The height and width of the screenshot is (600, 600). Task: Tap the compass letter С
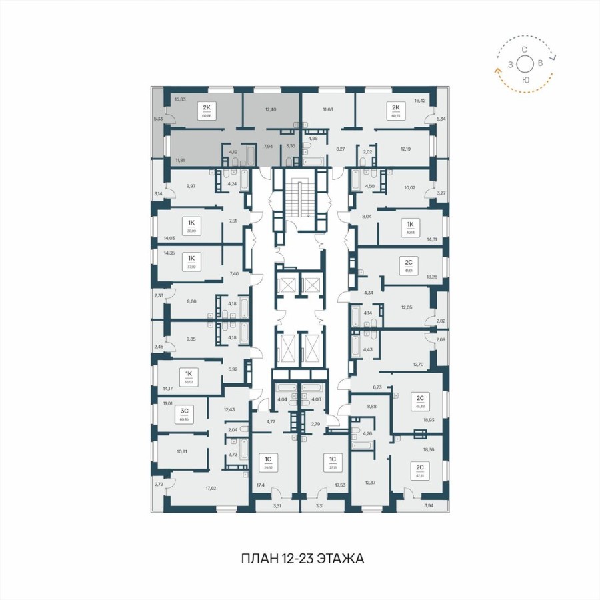(x=525, y=49)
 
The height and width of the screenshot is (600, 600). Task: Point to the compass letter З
(x=510, y=65)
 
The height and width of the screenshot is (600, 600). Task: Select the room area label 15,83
(x=179, y=99)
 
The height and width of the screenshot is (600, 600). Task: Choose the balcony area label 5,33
(x=157, y=119)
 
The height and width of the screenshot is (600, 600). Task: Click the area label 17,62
(x=211, y=488)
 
